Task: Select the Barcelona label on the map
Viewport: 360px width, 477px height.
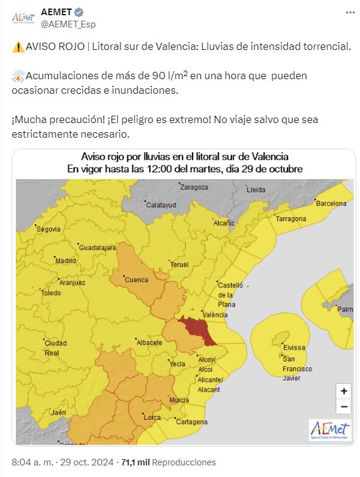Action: pyautogui.click(x=331, y=203)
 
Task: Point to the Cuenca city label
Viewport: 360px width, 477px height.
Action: pyautogui.click(x=136, y=280)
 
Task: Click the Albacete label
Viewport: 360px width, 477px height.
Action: pyautogui.click(x=149, y=342)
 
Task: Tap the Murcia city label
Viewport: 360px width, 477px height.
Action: pyautogui.click(x=178, y=400)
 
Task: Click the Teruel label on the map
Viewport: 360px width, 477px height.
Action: pyautogui.click(x=179, y=264)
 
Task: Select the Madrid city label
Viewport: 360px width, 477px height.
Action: pyautogui.click(x=65, y=260)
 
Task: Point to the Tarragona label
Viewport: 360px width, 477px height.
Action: pyautogui.click(x=291, y=218)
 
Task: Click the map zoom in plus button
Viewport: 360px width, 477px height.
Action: pyautogui.click(x=344, y=391)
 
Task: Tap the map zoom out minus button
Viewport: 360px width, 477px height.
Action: pyautogui.click(x=344, y=406)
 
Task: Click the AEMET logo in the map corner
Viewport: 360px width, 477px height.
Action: pyautogui.click(x=330, y=430)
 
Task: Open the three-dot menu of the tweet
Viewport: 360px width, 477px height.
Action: pyautogui.click(x=349, y=13)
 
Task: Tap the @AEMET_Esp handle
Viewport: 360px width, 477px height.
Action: pyautogui.click(x=68, y=24)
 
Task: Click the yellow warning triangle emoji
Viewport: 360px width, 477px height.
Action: pyautogui.click(x=18, y=47)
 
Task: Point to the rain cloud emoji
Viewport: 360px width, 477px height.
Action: pyautogui.click(x=18, y=76)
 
